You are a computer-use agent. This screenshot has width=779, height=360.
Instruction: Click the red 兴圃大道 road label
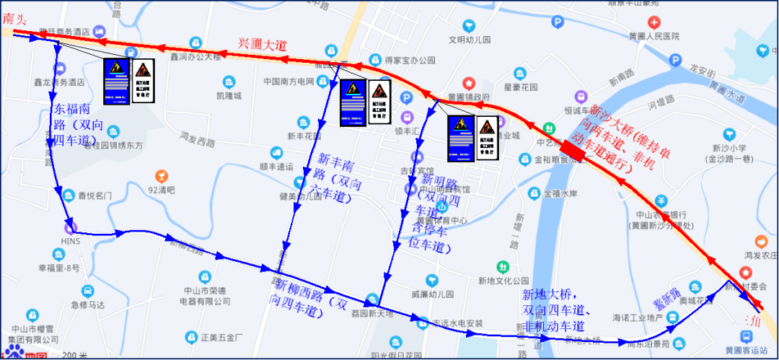[263, 44]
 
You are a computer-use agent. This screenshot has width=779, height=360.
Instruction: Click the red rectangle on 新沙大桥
[574, 149]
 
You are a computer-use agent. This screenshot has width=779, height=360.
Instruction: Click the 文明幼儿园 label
[470, 40]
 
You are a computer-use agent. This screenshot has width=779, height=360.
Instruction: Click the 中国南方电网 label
[289, 81]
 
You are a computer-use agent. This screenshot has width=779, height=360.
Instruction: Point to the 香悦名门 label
[95, 195]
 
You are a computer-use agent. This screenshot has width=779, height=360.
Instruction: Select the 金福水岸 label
[560, 193]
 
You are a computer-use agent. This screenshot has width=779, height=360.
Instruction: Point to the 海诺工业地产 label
[638, 317]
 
